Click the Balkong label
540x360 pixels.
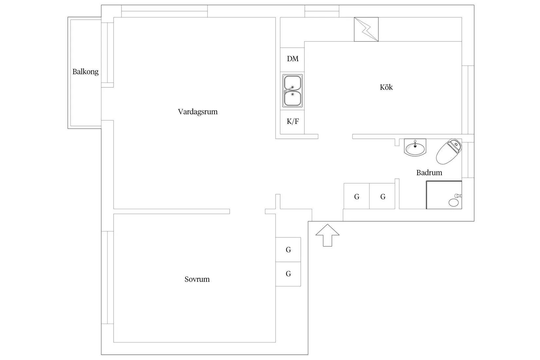click(85, 72)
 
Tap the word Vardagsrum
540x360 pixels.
click(198, 112)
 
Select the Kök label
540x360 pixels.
click(386, 87)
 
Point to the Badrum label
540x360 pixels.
click(429, 173)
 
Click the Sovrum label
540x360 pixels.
click(197, 279)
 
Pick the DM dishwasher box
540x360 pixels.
click(292, 60)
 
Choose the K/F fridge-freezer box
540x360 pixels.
click(292, 122)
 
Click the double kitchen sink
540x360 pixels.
click(293, 91)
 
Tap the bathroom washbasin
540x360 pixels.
click(415, 147)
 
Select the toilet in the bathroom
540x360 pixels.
click(449, 152)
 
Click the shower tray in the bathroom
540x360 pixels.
click(444, 195)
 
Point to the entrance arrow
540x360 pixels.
click(327, 235)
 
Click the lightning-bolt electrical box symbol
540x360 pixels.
click(366, 29)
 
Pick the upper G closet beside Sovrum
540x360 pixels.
click(288, 250)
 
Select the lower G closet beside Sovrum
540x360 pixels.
click(288, 274)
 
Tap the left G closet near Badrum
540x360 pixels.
click(356, 196)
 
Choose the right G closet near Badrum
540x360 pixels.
click(382, 196)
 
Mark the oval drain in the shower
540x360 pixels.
click(454, 203)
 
